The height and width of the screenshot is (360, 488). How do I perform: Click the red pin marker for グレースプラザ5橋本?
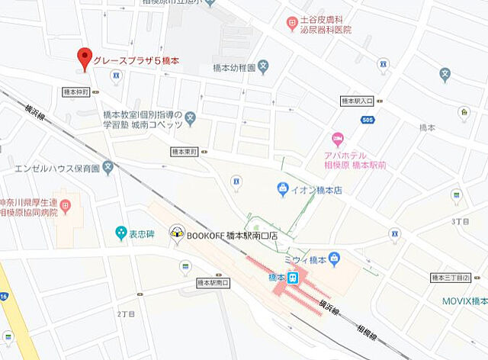coord(85,58)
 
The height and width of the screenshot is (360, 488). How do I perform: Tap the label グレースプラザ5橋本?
coord(136,59)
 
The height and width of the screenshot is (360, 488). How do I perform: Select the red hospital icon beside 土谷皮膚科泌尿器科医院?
coord(292,24)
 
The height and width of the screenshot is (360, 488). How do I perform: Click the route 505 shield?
coord(368,119)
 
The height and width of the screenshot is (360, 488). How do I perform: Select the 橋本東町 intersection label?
coord(184,152)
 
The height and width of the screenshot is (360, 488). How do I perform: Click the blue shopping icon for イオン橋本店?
coord(283,188)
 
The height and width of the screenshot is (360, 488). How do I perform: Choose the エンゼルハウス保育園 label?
coord(57,167)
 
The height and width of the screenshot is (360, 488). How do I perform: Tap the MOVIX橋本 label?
coord(465,301)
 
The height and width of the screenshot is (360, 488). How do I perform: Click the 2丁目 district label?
coord(127,313)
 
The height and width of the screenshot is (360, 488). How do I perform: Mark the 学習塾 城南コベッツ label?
coord(144,124)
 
